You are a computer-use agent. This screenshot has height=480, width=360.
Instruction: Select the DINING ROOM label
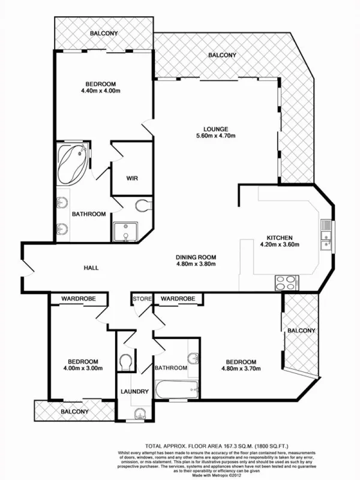pos(196,256)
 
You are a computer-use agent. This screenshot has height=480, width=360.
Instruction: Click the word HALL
pos(92,268)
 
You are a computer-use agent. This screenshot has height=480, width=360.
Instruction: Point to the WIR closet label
pos(132,178)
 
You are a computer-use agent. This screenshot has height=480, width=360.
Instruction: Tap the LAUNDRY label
pos(134,392)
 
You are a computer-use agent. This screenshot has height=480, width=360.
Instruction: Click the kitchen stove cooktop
pos(287,281)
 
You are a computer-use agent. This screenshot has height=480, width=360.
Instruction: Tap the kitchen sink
pos(326,235)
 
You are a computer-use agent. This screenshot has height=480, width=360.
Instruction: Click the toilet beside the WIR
pos(142,206)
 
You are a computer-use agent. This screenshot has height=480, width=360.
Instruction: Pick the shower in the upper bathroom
pos(125,231)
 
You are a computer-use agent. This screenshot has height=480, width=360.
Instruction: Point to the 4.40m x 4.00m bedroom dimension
pos(101,91)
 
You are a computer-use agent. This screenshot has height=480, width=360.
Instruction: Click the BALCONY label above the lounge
pos(222,55)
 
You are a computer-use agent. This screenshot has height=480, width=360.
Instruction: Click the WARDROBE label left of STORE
pos(79,298)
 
